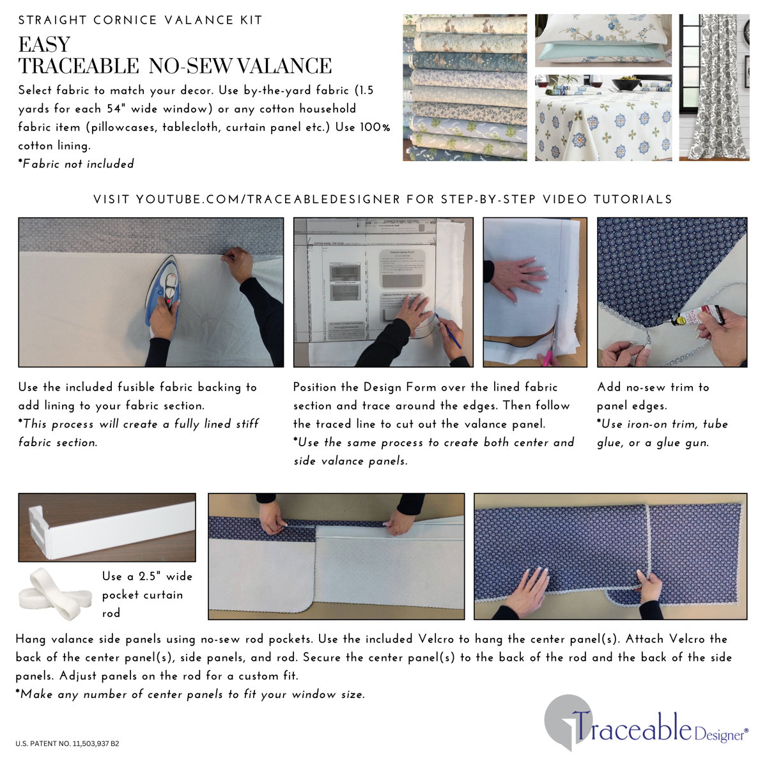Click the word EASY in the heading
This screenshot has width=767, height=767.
click(x=44, y=45)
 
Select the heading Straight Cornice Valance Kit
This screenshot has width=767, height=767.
click(x=140, y=20)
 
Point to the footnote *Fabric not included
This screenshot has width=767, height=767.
click(x=76, y=164)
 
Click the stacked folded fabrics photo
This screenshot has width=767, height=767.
click(x=465, y=88)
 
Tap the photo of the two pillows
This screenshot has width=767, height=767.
click(x=603, y=40)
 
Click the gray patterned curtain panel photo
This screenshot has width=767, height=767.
click(x=714, y=88)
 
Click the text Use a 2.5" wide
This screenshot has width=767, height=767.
click(x=147, y=577)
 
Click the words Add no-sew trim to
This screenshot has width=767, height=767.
click(x=653, y=387)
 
